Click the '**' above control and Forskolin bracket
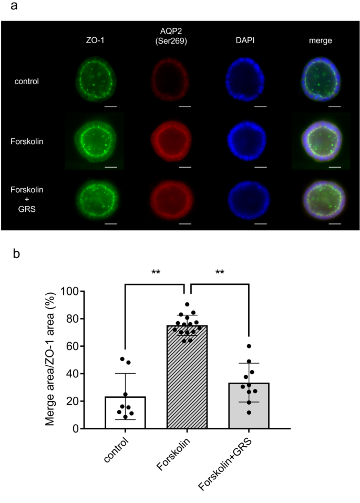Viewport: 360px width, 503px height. (156, 273)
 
